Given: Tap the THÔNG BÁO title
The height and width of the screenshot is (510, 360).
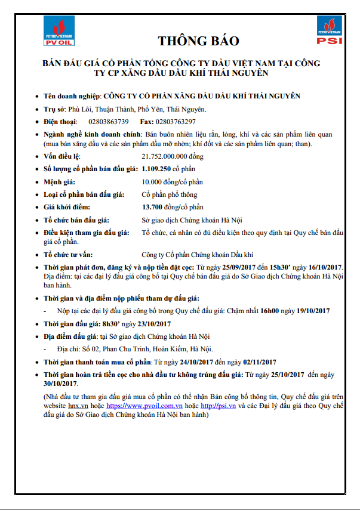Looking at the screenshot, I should click(198, 41).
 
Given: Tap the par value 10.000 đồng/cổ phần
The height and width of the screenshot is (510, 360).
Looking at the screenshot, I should click(169, 182).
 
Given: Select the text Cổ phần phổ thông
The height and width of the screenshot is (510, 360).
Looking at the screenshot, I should click(169, 194).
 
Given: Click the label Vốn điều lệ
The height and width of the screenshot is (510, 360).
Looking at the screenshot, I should click(64, 156).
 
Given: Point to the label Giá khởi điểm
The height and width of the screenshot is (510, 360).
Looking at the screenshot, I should click(67, 207).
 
